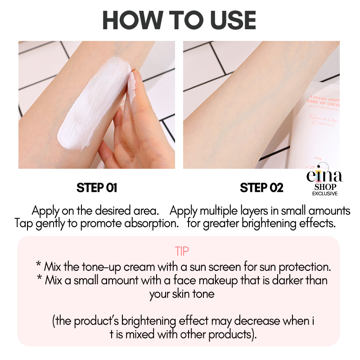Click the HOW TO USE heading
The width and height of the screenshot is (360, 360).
(x=179, y=20)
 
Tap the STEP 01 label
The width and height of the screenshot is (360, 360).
(x=97, y=188)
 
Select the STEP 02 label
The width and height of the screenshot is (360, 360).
(x=261, y=188)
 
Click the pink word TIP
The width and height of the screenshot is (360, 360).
(x=182, y=251)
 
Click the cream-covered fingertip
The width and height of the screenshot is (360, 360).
(x=132, y=87)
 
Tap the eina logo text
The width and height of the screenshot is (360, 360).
(x=324, y=175)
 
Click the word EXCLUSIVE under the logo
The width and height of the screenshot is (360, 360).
(x=325, y=193)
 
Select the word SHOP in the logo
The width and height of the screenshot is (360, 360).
(x=325, y=187)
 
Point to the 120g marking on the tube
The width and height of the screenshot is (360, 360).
(x=318, y=158)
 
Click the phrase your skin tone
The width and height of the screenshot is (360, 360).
(x=182, y=294)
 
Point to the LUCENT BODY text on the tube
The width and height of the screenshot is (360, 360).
(x=325, y=99)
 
